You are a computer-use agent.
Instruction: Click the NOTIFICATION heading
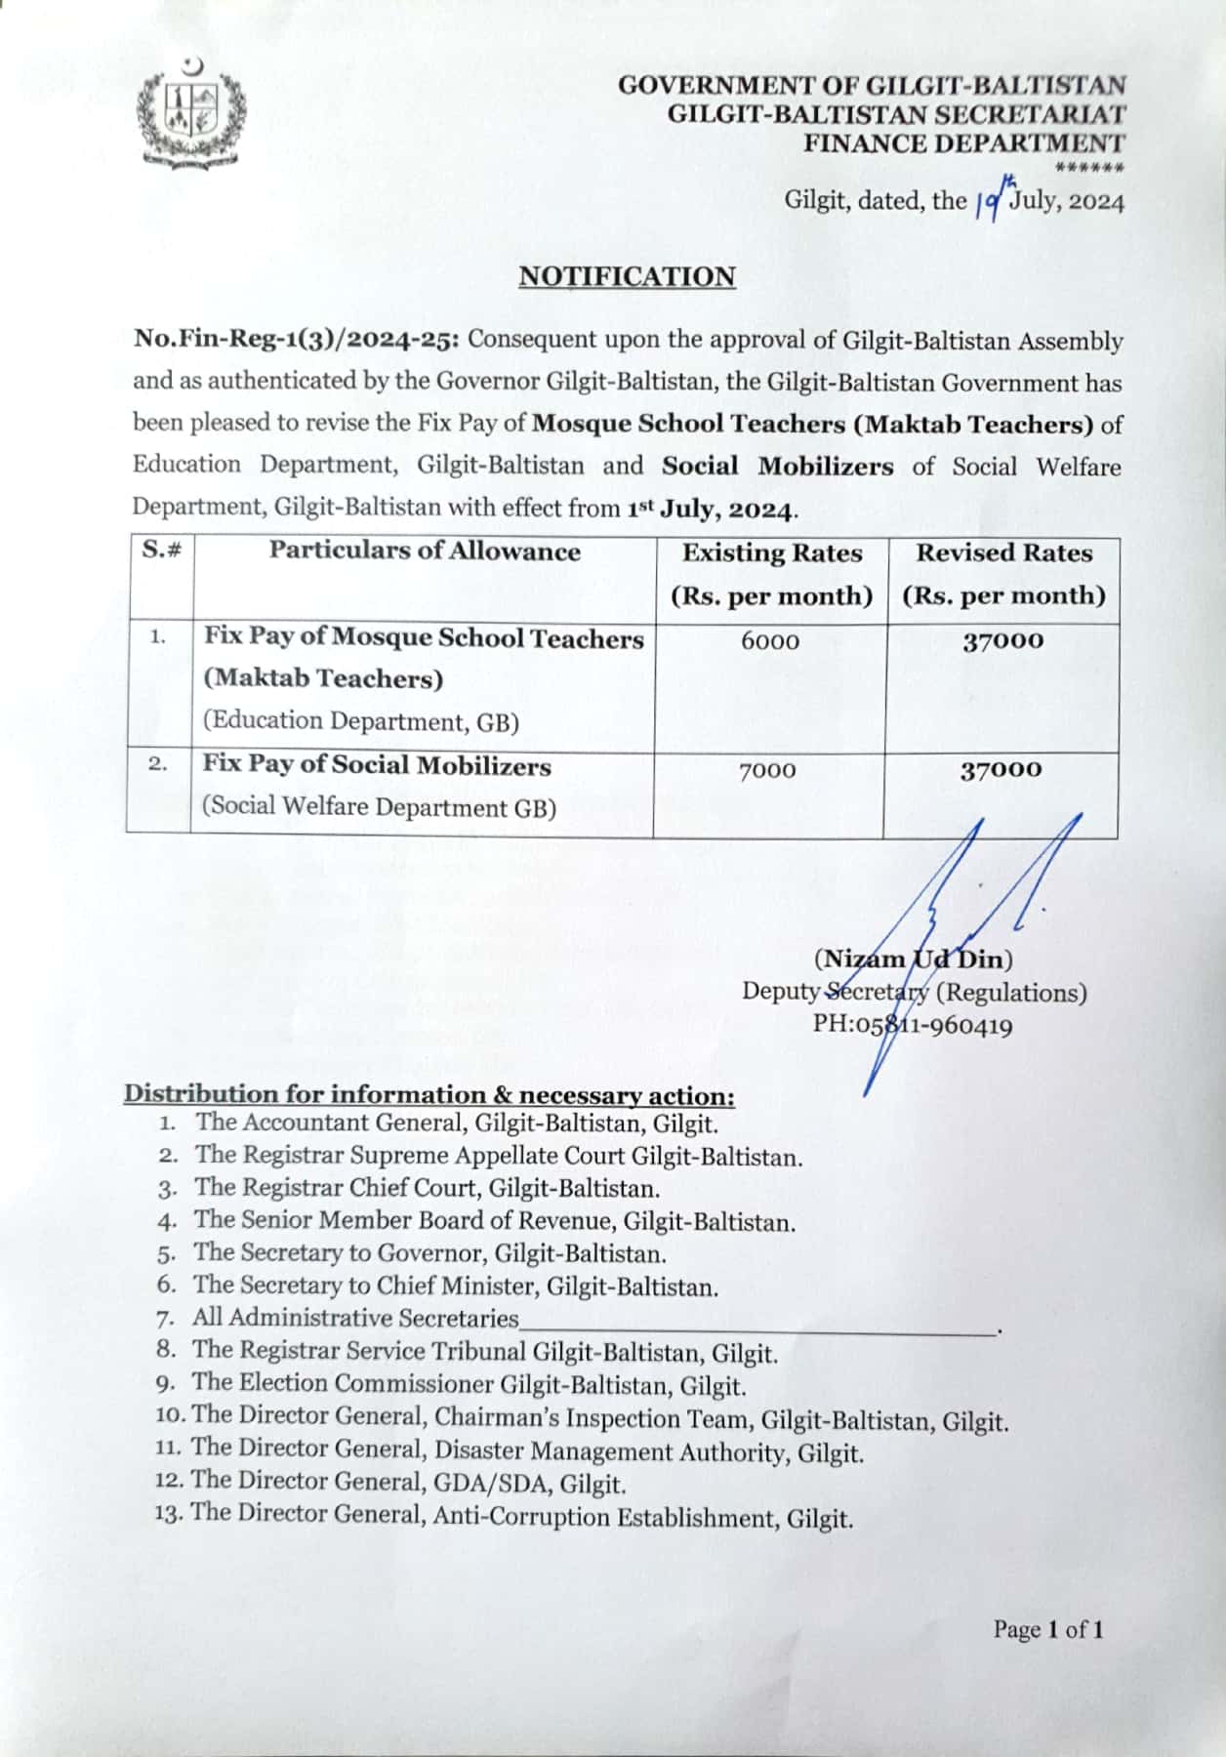click(x=627, y=277)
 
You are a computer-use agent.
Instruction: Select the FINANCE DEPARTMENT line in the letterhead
click(x=963, y=143)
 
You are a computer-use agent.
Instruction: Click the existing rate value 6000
click(x=770, y=641)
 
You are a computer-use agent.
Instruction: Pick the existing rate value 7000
click(x=767, y=771)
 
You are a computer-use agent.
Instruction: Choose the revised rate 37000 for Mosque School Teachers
click(x=1002, y=641)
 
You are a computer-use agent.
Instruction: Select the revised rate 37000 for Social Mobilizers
click(x=1001, y=770)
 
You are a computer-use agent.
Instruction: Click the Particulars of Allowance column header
click(x=425, y=552)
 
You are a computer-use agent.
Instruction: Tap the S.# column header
click(x=162, y=550)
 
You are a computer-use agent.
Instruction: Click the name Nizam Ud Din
click(x=913, y=959)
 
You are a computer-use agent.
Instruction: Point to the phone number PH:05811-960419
click(x=913, y=1025)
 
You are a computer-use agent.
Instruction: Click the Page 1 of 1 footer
click(x=1047, y=1629)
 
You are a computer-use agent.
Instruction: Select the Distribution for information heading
click(x=429, y=1094)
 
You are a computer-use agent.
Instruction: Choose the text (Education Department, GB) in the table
click(x=361, y=721)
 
